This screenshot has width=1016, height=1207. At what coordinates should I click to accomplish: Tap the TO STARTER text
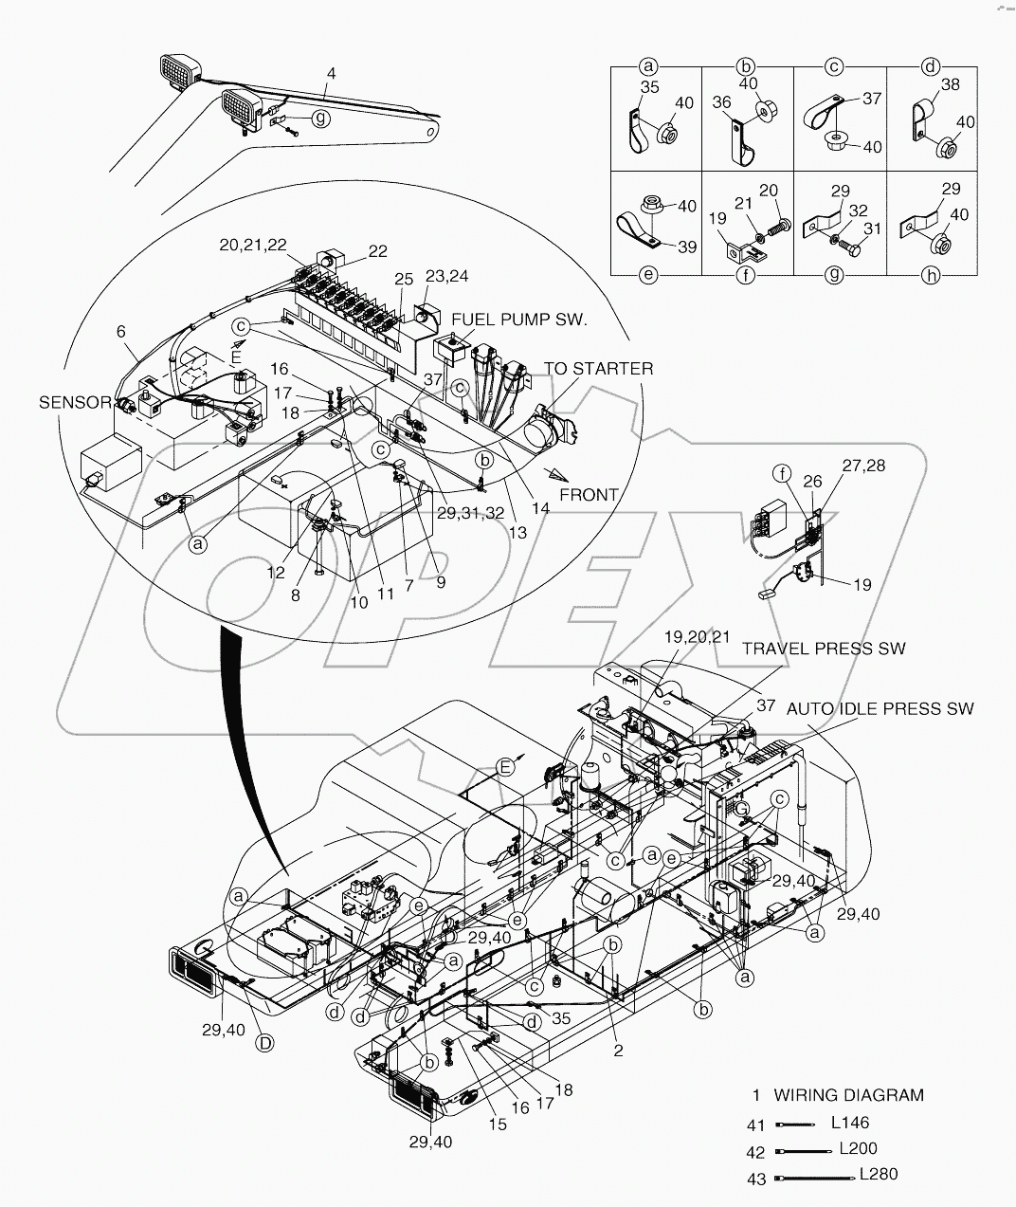597,368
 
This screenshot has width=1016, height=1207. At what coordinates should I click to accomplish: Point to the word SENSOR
75,403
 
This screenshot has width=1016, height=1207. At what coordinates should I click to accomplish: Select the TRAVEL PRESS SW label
823,649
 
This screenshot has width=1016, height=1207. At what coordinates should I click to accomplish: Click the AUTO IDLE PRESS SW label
880,708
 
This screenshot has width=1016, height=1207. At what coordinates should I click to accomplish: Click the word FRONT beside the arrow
589,494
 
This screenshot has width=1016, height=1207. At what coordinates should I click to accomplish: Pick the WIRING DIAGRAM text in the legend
848,1094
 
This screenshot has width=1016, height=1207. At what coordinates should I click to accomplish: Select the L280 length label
879,1174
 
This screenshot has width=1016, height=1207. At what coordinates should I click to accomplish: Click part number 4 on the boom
330,73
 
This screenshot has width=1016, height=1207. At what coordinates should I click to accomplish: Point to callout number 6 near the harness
120,331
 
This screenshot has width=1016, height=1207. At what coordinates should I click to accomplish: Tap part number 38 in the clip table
951,84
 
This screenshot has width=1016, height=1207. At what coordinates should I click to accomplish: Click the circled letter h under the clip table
931,275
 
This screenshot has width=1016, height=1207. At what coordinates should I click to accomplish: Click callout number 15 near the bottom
498,1125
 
